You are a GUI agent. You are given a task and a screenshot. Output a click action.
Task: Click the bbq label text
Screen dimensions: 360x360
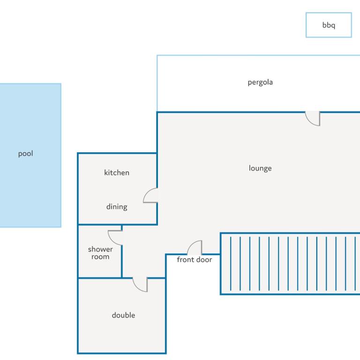pyautogui.click(x=329, y=25)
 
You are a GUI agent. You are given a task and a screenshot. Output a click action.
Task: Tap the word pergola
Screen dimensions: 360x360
pyautogui.click(x=260, y=82)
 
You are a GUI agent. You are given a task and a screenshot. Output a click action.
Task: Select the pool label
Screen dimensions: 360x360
pyautogui.click(x=25, y=153)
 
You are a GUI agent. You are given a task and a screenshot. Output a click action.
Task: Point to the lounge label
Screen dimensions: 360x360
pyautogui.click(x=260, y=168)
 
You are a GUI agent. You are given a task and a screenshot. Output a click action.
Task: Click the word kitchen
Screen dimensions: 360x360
pyautogui.click(x=117, y=172)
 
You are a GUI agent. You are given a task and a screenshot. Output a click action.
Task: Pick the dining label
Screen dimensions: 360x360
pyautogui.click(x=117, y=207)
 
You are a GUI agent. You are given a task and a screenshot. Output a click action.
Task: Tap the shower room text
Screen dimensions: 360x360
pyautogui.click(x=100, y=253)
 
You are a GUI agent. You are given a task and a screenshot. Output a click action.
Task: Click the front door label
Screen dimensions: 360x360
pyautogui.click(x=194, y=260)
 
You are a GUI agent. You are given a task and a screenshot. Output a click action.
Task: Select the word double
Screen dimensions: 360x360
pyautogui.click(x=123, y=315)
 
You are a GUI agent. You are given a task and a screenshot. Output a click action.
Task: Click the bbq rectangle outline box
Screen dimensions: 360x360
pyautogui.click(x=329, y=13)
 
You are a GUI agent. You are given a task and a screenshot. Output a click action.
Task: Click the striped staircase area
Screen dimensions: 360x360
pyautogui.click(x=290, y=263)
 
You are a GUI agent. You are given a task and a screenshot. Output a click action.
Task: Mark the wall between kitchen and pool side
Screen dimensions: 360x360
pyautogui.click(x=78, y=188)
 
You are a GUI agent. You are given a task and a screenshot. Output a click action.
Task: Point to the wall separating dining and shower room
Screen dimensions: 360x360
pyautogui.click(x=100, y=225)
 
